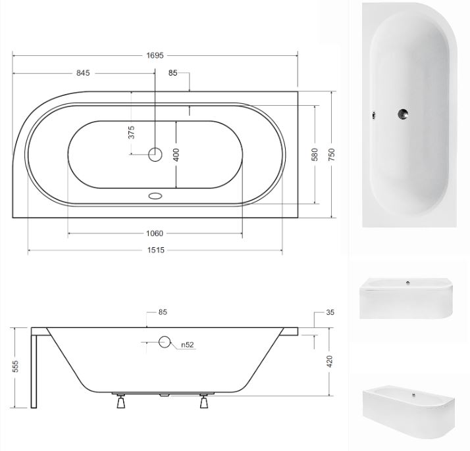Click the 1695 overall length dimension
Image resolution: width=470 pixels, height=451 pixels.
point(155,55)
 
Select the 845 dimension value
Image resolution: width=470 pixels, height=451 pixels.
point(83,73)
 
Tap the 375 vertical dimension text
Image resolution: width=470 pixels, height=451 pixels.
point(131,132)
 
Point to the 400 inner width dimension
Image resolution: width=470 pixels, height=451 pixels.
point(176,154)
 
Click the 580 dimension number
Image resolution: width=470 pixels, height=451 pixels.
point(315,154)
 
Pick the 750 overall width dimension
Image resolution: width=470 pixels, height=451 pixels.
point(332,154)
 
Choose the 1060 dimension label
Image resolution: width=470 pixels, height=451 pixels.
point(155,233)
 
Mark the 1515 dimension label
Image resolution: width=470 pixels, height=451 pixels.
point(156,250)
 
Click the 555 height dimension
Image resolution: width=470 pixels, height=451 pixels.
point(15,366)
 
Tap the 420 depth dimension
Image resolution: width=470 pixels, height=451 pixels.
point(329,362)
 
